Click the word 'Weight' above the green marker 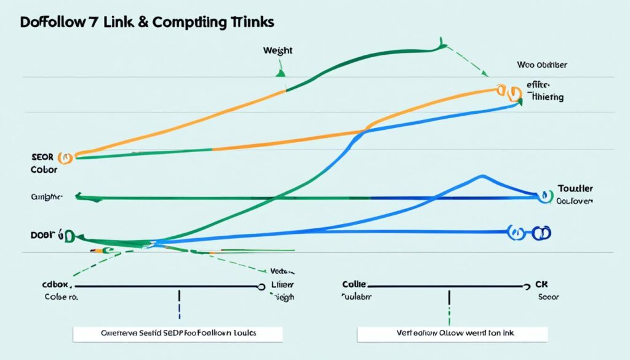tap(277, 51)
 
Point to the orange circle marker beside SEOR tap(65, 158)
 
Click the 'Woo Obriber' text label tap(542, 64)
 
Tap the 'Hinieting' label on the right tap(545, 97)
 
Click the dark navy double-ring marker tap(541, 233)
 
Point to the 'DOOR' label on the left tap(41, 235)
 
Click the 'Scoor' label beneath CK tap(548, 296)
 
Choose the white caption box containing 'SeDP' tap(178, 334)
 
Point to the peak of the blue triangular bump tap(480, 177)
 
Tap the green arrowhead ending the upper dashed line tap(485, 74)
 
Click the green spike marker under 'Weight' tap(281, 72)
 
